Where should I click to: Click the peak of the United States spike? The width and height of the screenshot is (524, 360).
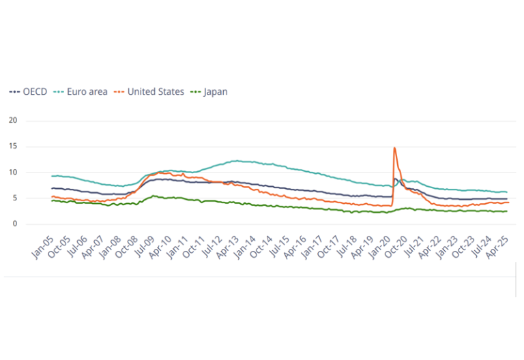coord(394,148)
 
